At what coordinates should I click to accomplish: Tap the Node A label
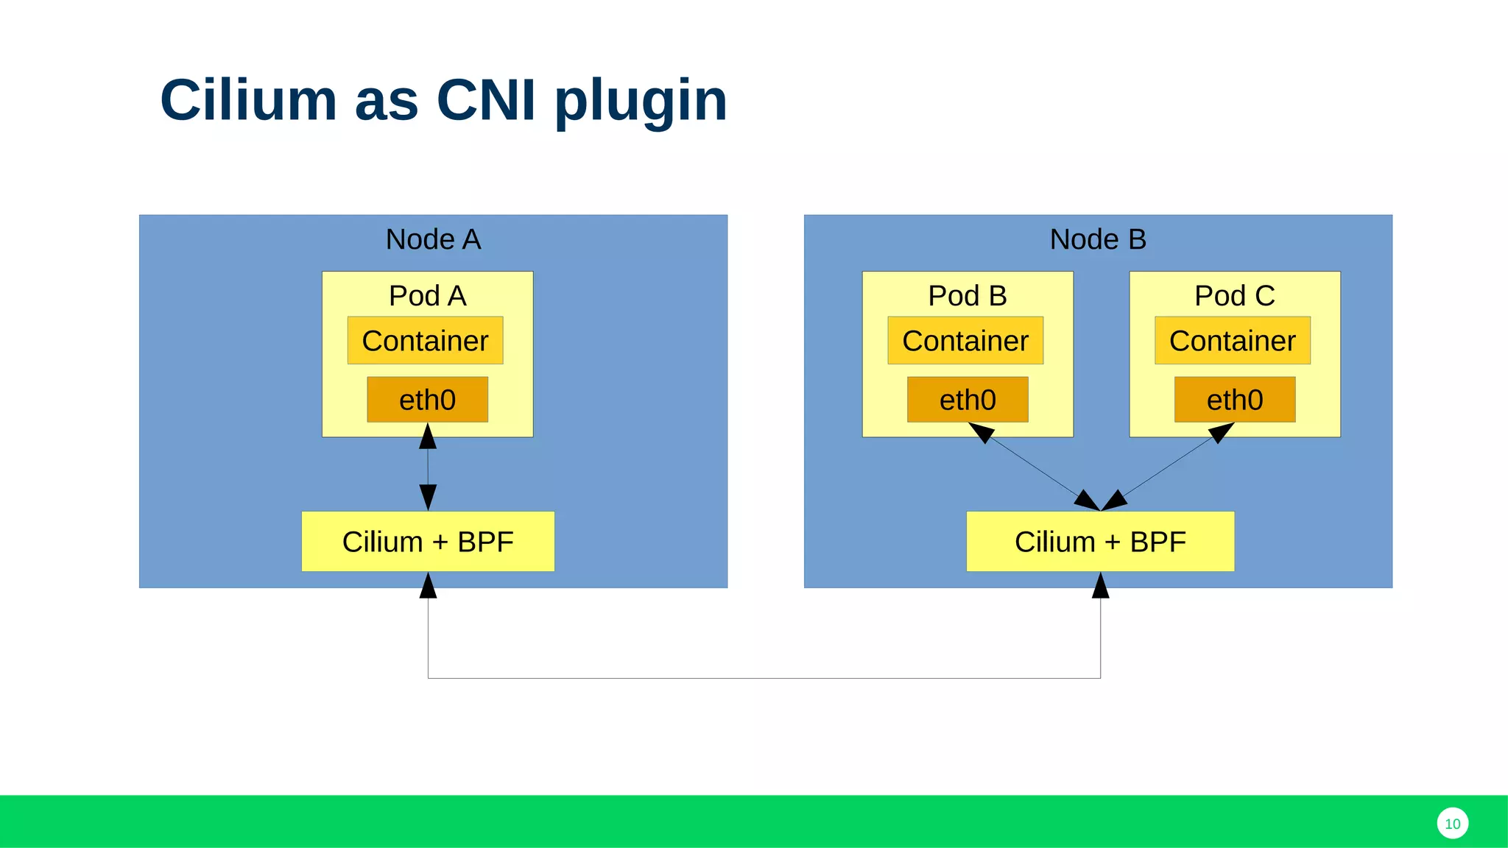point(433,239)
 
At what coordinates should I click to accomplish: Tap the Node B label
point(1098,239)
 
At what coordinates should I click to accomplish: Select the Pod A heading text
point(427,296)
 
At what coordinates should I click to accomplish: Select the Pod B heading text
point(968,296)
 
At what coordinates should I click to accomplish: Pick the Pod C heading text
point(1235,296)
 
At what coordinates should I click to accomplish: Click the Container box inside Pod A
point(426,341)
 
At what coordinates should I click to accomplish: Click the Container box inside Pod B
point(965,341)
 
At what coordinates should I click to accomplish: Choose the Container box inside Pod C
point(1233,341)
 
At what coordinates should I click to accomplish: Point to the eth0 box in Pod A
point(428,400)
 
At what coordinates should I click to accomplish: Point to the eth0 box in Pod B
point(968,400)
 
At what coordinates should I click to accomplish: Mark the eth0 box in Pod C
point(1235,400)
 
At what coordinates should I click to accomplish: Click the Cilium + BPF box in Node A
point(428,542)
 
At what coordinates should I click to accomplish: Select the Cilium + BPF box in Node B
point(1100,542)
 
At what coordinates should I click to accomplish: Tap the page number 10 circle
point(1452,824)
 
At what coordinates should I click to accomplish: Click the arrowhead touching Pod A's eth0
point(428,437)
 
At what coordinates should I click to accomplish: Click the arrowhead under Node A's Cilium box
point(428,587)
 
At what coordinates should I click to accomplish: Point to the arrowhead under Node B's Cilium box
point(1100,587)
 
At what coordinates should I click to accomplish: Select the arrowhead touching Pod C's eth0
point(1221,432)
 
